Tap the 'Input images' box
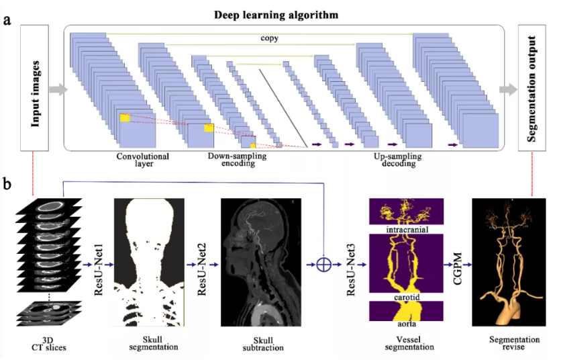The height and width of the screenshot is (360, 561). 38,88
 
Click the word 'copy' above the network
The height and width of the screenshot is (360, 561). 270,38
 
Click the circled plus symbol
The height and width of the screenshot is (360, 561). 323,265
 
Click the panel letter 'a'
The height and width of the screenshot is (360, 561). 7,19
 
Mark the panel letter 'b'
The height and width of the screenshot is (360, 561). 7,183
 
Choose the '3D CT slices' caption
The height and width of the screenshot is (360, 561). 51,343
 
